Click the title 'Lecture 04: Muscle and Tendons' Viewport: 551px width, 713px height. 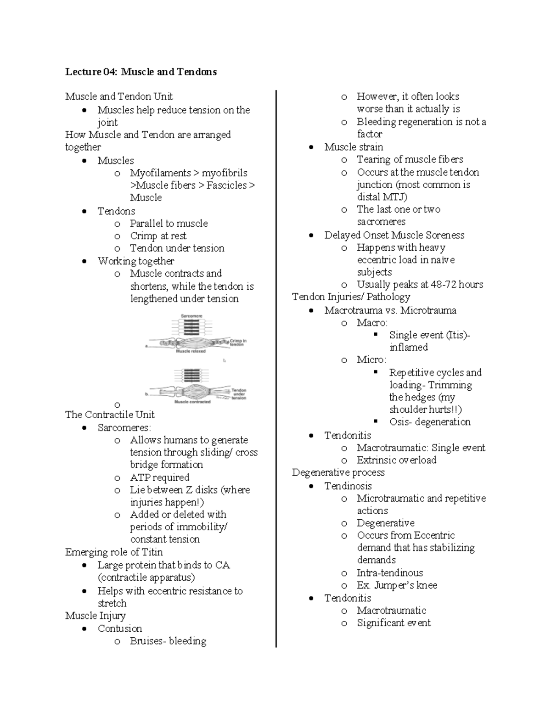141,72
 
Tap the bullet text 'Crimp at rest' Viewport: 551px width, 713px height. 158,236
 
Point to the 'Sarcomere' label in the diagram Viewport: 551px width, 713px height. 191,316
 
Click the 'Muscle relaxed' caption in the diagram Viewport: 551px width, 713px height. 191,351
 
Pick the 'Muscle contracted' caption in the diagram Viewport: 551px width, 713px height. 192,402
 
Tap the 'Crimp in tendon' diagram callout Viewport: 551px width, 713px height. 238,342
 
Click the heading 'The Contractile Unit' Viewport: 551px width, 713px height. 110,415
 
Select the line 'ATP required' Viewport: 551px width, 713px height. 159,477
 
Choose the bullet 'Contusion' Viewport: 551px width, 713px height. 120,629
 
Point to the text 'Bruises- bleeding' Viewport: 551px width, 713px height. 168,641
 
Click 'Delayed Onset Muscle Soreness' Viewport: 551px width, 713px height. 394,235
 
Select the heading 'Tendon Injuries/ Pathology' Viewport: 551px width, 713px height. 351,297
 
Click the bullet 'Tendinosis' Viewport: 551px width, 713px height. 348,486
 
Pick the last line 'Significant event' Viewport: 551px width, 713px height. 394,623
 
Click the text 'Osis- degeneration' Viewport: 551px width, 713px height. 430,422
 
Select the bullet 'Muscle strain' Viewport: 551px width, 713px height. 354,147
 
